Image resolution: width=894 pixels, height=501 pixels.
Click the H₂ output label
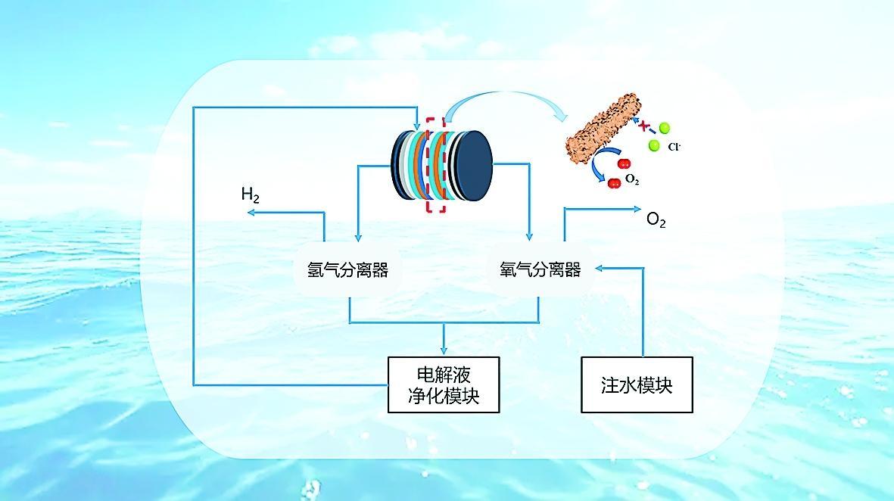pos(251,195)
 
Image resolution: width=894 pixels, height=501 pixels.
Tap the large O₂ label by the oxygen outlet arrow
pos(656,220)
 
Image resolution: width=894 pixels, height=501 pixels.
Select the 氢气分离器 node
pos(347,270)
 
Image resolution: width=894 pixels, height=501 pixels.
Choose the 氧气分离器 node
pos(540,269)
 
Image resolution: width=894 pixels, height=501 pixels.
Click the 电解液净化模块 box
pos(444,384)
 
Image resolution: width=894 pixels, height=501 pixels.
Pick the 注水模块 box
pos(637,384)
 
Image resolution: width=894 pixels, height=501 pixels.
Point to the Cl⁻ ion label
pos(674,147)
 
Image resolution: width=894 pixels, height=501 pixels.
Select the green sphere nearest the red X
pos(665,129)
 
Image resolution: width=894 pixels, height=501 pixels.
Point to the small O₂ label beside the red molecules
pos(633,180)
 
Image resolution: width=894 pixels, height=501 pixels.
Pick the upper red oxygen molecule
pos(624,163)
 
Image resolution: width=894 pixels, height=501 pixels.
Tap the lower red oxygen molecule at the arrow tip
pos(614,182)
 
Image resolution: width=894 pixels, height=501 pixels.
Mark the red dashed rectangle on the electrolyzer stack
pos(435,164)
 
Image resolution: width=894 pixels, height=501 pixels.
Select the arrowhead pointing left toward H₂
pos(250,213)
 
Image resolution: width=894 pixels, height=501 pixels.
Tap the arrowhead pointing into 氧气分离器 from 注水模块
pos(599,268)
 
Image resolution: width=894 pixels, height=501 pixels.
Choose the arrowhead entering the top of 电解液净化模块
pos(444,350)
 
